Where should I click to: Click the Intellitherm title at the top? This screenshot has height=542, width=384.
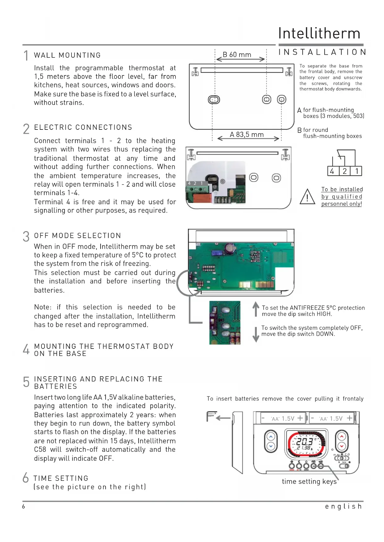pos(319,33)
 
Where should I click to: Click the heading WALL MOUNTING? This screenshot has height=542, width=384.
pos(67,55)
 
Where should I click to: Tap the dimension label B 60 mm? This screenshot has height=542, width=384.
pos(237,55)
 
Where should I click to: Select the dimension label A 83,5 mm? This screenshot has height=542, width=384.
pos(247,135)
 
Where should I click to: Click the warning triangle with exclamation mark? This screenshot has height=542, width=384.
pos(307,197)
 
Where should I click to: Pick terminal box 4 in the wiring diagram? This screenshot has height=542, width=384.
pos(332,171)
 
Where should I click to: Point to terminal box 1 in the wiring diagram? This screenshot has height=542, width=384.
pos(357,171)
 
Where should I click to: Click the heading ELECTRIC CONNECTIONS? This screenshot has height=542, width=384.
pos(83,127)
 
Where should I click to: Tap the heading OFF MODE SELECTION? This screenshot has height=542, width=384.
pos(77,236)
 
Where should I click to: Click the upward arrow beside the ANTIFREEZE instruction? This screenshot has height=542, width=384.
pos(256,309)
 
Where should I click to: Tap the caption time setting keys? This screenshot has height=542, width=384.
pos(309,481)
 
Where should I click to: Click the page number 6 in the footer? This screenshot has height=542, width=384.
pos(24,506)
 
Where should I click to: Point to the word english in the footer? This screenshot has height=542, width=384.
pos(343,506)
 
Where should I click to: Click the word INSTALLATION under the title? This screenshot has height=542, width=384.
pos(322,52)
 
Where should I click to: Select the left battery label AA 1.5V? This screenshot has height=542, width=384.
pos(283,419)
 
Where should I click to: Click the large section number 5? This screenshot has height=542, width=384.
pos(26,382)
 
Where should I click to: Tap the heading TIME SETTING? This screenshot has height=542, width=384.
pos(61,478)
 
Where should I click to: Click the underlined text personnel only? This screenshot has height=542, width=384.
pos(341,204)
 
